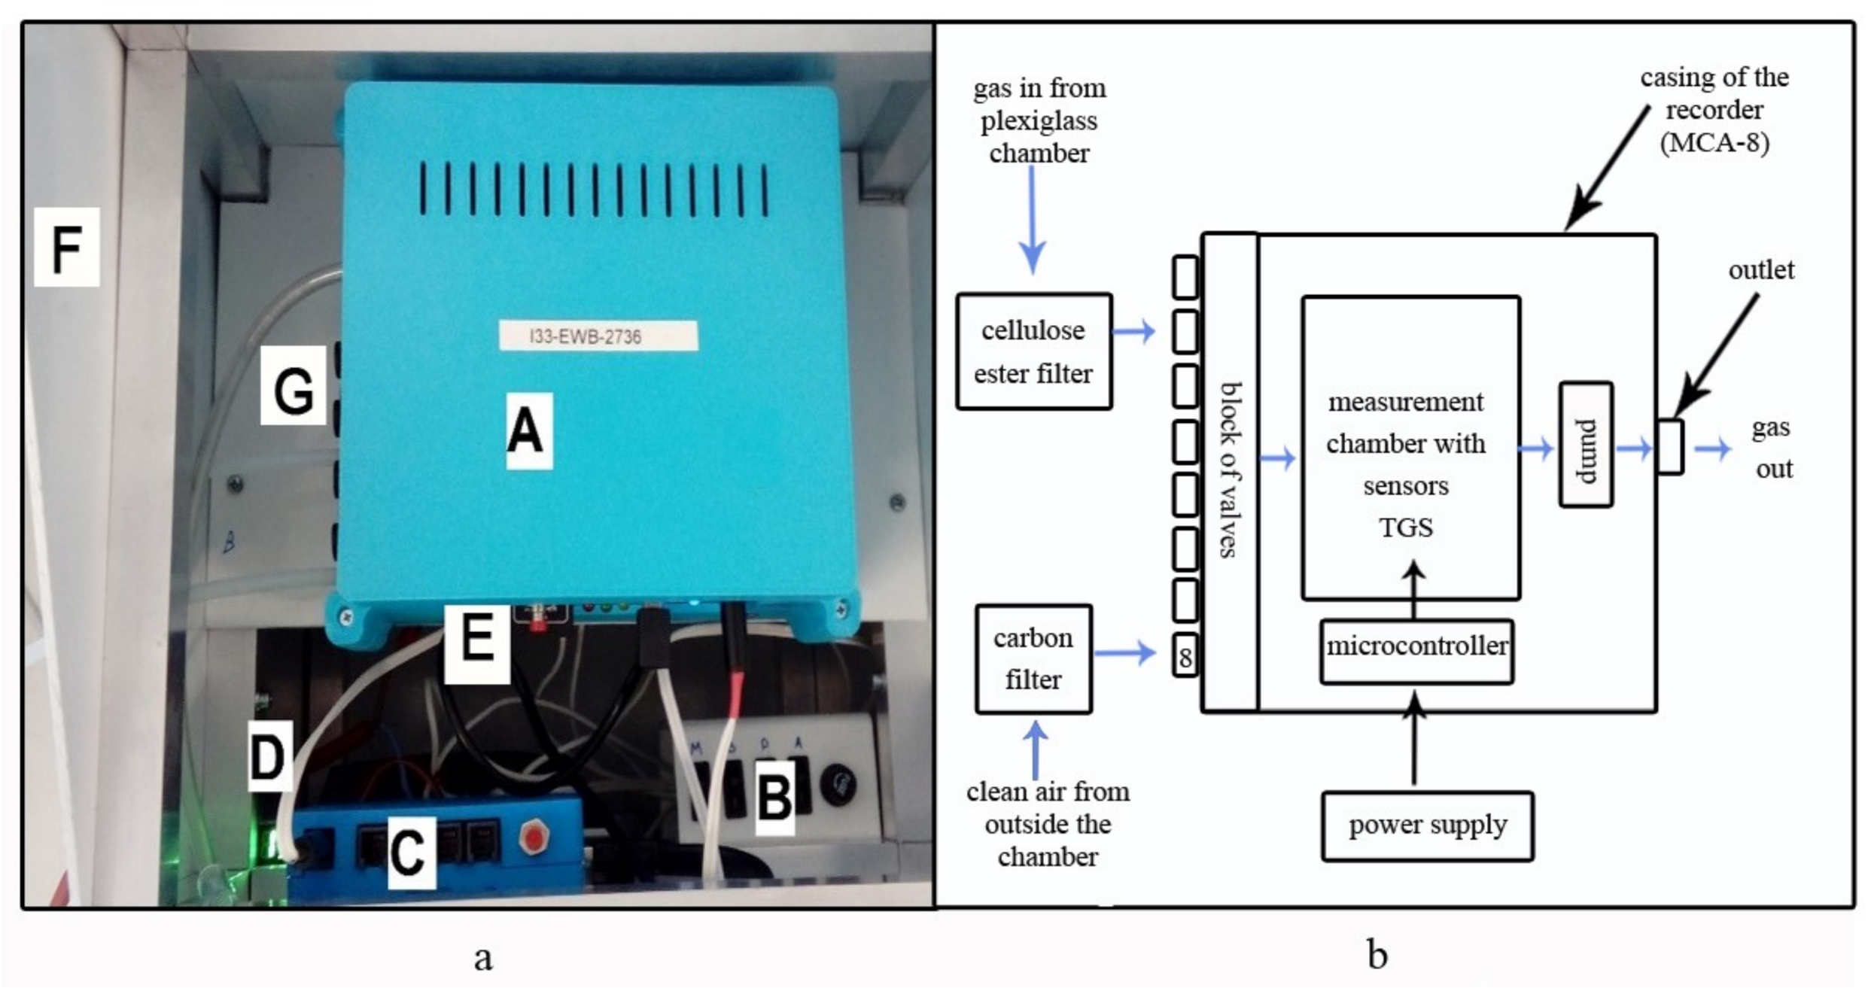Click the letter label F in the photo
coord(66,248)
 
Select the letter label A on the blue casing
coord(528,431)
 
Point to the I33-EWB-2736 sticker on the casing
coord(598,336)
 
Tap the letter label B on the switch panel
coord(775,798)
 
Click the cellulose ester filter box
coord(1033,351)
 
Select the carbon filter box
coord(1033,658)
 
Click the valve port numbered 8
coord(1185,657)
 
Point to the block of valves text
coord(1230,470)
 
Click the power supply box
coord(1427,825)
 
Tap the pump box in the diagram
coord(1585,445)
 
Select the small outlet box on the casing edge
coord(1669,446)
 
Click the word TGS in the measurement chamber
coord(1405,527)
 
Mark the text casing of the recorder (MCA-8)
coord(1714,110)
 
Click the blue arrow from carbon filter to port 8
coord(1124,652)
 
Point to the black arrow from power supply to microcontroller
coord(1414,737)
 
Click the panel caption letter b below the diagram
coord(1377,955)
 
